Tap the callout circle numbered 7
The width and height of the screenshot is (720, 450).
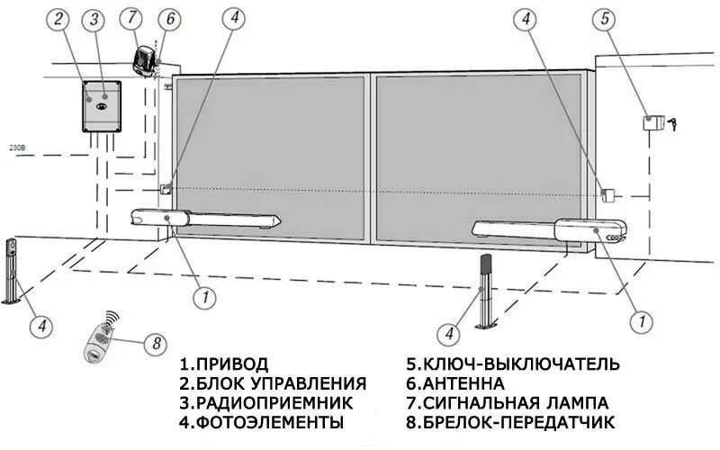coord(132,17)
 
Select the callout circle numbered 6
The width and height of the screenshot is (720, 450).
coord(168,17)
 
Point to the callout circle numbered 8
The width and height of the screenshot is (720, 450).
coord(155,342)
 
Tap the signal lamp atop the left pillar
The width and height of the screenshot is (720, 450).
coord(145,60)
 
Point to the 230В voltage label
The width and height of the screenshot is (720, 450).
coord(16,146)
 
